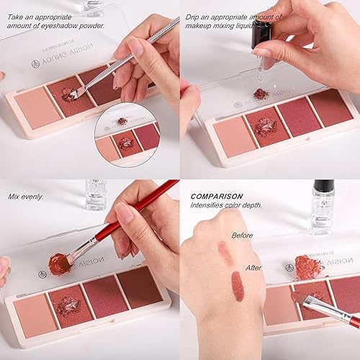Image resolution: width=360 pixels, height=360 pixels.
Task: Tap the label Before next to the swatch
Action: pyautogui.click(x=242, y=234)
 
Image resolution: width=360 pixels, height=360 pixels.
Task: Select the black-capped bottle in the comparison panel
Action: pyautogui.click(x=323, y=205)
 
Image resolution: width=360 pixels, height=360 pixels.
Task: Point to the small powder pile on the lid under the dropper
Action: pyautogui.click(x=261, y=95)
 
